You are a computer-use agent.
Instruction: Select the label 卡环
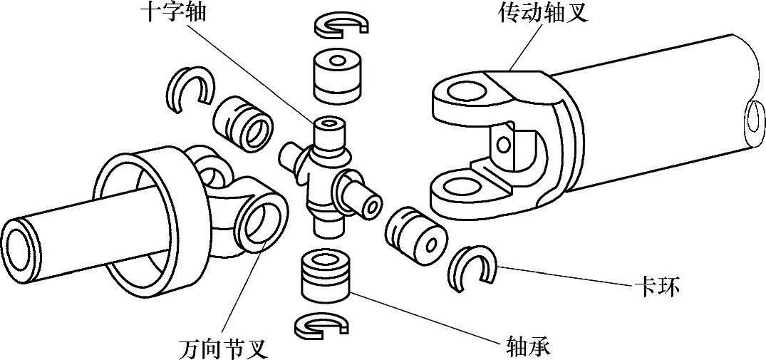click(656, 288)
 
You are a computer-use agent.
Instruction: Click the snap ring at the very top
click(341, 26)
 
